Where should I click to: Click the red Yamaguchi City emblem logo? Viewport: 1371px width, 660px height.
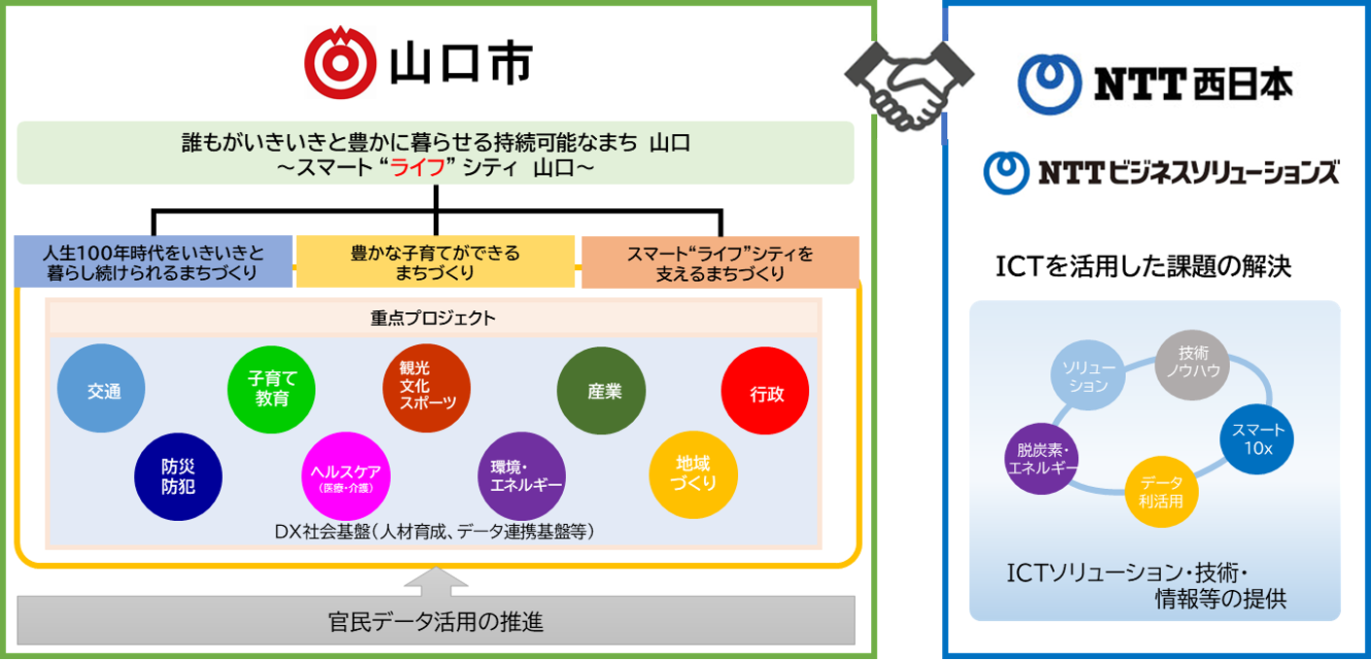340,61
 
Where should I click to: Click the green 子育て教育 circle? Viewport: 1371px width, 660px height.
271,391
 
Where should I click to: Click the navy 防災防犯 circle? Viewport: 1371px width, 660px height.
178,477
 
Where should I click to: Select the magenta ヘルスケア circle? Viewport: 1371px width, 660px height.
346,476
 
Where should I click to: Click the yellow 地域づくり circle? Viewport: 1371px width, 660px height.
693,473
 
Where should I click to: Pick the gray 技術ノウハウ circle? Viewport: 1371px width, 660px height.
1192,366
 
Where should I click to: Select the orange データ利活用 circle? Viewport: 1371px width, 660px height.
1162,492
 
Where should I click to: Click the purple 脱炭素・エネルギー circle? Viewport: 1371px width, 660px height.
1042,459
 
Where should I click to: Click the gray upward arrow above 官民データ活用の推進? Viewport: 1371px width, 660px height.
436,580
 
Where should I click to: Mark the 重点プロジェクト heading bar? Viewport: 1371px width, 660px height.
433,318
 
